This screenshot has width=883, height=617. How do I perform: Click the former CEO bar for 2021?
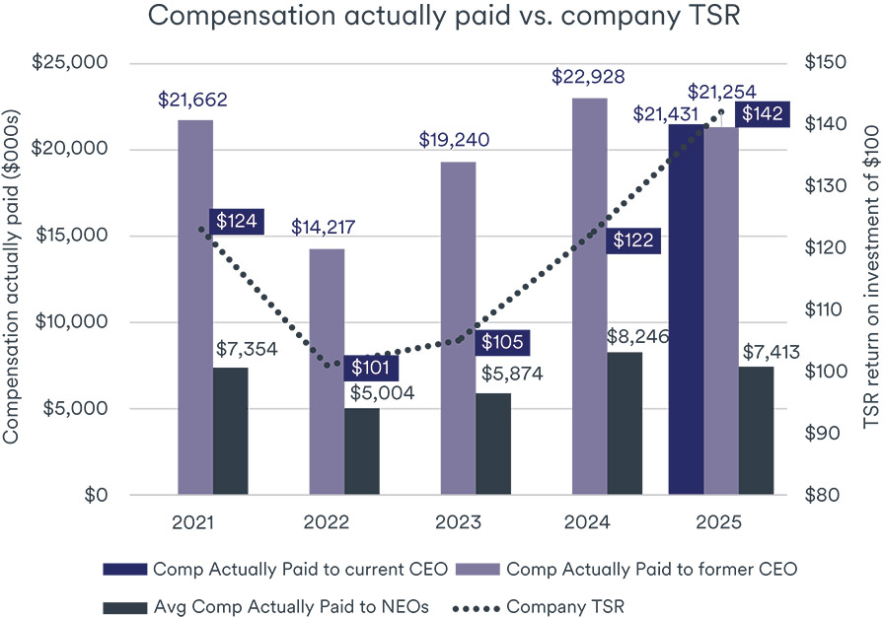click(195, 306)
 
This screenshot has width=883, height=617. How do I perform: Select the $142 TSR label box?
click(762, 114)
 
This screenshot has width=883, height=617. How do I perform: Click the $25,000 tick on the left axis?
click(70, 63)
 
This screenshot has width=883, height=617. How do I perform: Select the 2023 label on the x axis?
click(459, 520)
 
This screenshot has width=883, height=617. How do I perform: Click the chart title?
click(442, 17)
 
